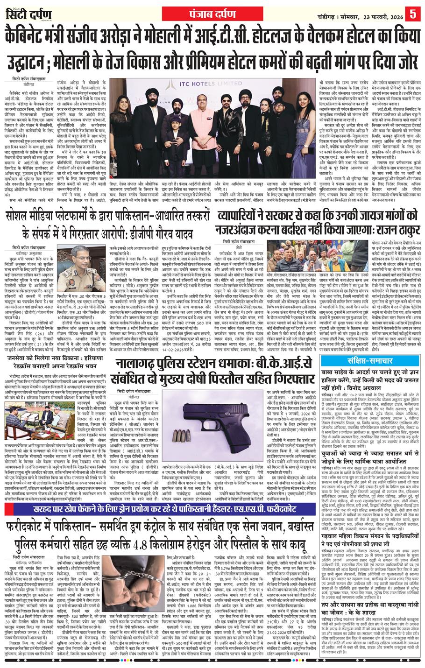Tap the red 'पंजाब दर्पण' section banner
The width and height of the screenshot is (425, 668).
(x=212, y=10)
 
